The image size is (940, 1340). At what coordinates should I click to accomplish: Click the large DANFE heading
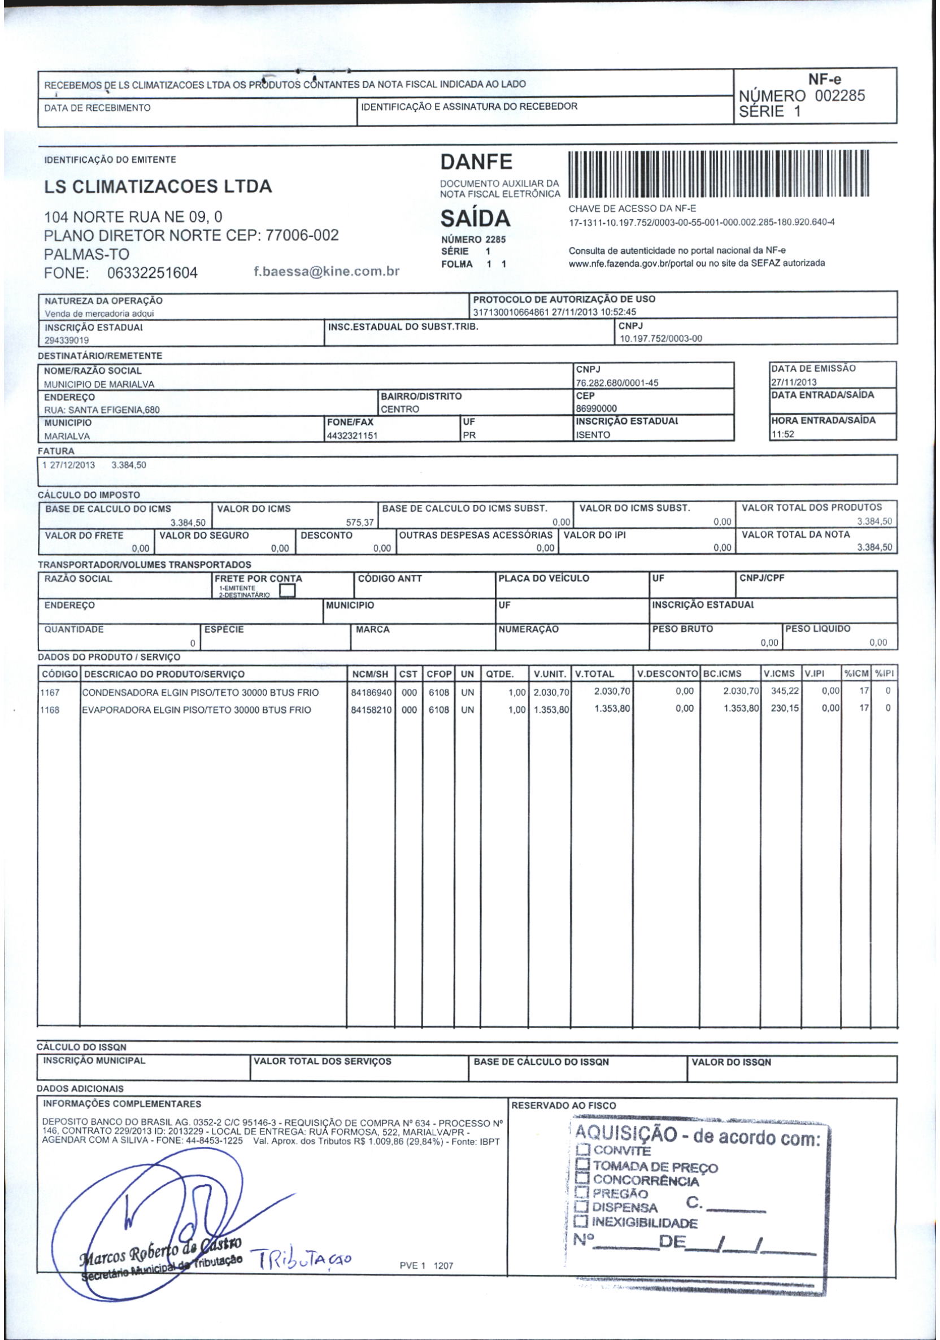click(476, 162)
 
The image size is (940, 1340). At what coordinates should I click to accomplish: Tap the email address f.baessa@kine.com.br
click(326, 271)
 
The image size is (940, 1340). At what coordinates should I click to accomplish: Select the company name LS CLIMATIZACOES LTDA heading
click(158, 187)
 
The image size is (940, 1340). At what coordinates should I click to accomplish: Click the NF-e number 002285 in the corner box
click(839, 96)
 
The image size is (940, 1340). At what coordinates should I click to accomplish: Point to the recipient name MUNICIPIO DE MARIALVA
click(99, 385)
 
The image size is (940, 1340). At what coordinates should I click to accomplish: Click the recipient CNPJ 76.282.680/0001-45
click(617, 383)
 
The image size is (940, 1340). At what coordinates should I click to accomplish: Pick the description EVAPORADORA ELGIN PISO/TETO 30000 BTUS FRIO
click(197, 710)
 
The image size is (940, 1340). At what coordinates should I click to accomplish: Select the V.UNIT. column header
click(550, 674)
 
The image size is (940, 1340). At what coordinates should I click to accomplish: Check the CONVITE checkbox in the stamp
click(583, 1150)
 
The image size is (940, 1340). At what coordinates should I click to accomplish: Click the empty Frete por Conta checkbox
click(287, 591)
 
